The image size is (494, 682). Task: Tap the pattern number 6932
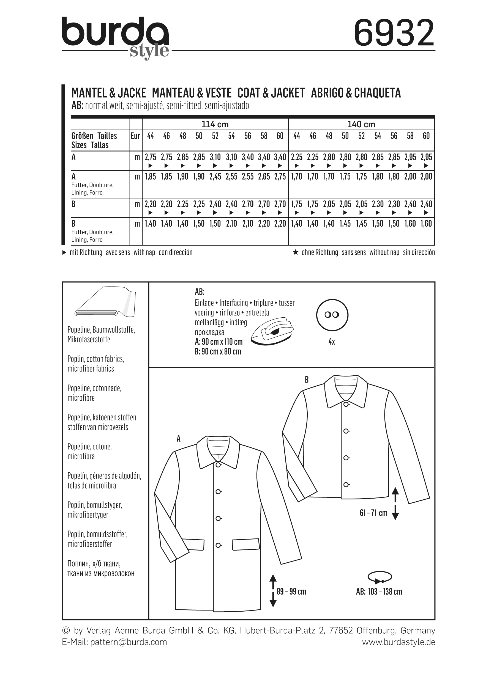394,33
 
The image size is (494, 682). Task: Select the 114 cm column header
215,124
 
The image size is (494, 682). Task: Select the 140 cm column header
361,124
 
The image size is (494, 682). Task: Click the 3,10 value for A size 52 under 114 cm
215,157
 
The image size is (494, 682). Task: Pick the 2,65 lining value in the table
264,177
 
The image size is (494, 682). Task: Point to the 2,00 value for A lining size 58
410,177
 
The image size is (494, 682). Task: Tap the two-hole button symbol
332,315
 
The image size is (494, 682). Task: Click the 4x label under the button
332,342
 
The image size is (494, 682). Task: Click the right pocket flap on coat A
245,544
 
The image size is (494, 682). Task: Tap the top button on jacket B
346,405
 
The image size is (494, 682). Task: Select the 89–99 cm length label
291,592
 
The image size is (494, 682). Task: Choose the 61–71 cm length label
373,513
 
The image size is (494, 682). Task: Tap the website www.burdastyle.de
398,642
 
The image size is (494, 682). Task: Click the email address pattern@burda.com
129,642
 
